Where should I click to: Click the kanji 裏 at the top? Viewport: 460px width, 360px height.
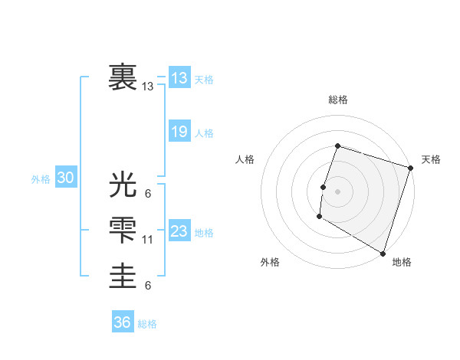[x=123, y=77]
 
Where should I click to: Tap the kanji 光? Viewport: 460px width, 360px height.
[x=123, y=185]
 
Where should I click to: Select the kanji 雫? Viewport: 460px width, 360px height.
[x=123, y=231]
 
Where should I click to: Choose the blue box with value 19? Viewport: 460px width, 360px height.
[x=179, y=132]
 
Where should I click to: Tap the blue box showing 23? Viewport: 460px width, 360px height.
[x=179, y=231]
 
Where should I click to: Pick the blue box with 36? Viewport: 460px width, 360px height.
[x=123, y=322]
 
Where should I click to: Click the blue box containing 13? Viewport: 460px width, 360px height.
[x=179, y=78]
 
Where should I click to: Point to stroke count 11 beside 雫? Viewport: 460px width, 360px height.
[x=148, y=240]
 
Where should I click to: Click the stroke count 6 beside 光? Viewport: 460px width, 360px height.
[x=147, y=194]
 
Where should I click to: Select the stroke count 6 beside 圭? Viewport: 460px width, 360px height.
[x=147, y=286]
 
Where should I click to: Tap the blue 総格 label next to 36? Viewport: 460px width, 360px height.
[x=147, y=324]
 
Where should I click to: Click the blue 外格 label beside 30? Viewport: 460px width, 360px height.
[x=41, y=179]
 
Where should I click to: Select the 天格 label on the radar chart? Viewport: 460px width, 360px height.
[x=431, y=159]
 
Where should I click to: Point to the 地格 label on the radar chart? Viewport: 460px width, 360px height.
[x=402, y=262]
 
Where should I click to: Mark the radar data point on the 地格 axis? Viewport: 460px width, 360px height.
[x=382, y=252]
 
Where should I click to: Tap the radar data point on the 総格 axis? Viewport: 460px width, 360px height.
[x=337, y=146]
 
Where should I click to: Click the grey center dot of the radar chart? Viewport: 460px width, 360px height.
[x=337, y=191]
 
